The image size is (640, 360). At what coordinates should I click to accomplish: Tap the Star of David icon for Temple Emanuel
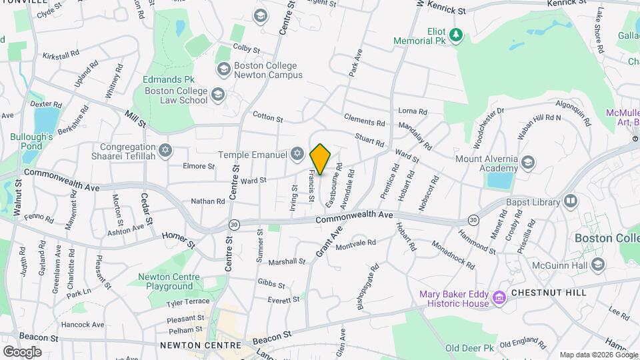298,155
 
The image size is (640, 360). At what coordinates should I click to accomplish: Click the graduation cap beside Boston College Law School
217,95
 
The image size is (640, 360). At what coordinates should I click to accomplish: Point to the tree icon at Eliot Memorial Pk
456,35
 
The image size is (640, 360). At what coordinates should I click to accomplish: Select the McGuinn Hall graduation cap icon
597,265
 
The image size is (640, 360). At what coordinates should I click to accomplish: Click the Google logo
22,351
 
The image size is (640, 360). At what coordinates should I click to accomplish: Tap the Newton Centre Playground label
165,281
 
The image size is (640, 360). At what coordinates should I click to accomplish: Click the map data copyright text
598,355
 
